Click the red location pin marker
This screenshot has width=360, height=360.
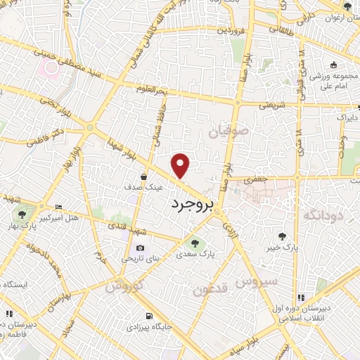pos(181,165)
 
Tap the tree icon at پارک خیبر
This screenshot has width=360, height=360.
pos(283,237)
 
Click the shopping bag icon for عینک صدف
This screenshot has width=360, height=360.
pos(143,177)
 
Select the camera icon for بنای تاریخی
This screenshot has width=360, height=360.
pos(140,248)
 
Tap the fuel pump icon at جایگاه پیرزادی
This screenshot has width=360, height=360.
pos(148,316)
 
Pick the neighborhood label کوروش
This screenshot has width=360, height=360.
pos(125,286)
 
